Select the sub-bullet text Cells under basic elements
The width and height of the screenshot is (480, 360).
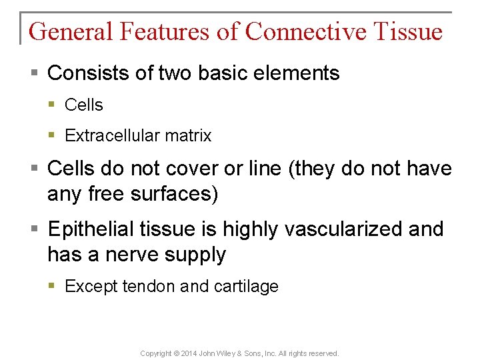84,105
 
